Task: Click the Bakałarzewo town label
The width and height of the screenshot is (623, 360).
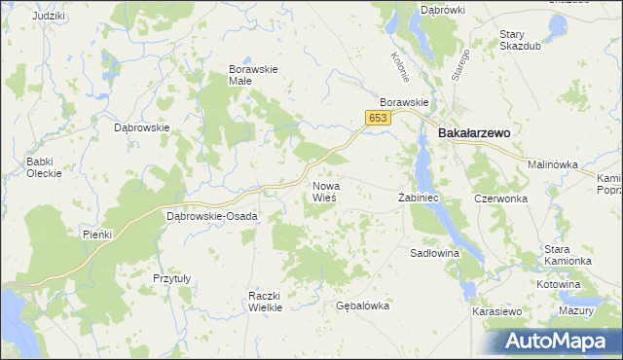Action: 475,133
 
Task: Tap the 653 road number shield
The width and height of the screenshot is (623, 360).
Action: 378,118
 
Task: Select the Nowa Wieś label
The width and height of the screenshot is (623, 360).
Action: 325,192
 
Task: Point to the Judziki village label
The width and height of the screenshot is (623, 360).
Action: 48,18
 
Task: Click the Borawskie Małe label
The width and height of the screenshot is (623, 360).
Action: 253,75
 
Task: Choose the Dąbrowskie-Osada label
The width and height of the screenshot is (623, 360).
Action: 212,216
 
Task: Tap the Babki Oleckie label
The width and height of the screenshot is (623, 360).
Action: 45,167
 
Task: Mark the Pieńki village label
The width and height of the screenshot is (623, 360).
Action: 98,234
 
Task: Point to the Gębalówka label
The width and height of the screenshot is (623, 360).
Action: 362,306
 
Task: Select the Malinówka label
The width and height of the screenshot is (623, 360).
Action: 553,165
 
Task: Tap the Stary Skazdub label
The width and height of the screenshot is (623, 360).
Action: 520,40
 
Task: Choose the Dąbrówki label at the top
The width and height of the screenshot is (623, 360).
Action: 442,10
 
